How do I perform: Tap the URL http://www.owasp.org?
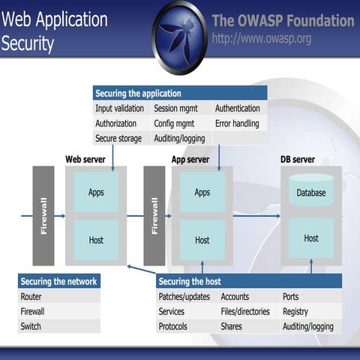(x=262, y=38)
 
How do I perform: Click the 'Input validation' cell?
(x=120, y=108)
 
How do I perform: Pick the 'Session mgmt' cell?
(x=175, y=108)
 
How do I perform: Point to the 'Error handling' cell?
(x=237, y=123)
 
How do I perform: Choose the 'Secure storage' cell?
(x=118, y=138)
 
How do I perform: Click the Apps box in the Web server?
(x=96, y=192)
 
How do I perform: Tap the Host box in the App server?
(x=202, y=240)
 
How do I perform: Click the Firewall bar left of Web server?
(x=43, y=215)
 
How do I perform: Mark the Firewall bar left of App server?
(x=154, y=215)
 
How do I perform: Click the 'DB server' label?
(x=298, y=160)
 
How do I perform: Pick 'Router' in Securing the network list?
(x=32, y=296)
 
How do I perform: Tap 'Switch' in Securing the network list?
(x=31, y=326)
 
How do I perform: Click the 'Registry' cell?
(x=295, y=311)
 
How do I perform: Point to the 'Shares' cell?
(x=232, y=326)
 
